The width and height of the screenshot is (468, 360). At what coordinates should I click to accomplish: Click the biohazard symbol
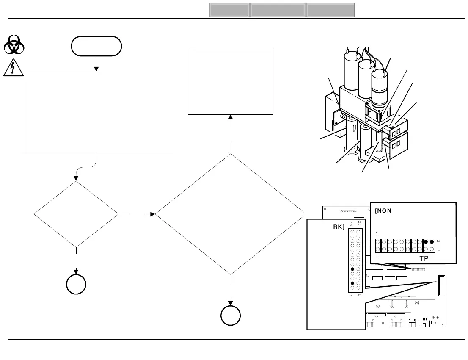click(14, 44)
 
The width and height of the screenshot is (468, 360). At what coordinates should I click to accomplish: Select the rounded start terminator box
click(96, 46)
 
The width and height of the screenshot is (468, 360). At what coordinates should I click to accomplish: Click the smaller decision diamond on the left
click(76, 214)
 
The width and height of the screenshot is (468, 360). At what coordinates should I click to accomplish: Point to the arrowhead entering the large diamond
click(153, 214)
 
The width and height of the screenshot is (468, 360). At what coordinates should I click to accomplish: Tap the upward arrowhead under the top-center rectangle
click(231, 117)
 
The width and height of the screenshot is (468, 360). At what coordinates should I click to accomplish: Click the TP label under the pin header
click(424, 258)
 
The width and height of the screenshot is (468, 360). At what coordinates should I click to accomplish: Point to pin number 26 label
click(351, 224)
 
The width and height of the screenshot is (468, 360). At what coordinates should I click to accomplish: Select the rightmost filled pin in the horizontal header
click(432, 242)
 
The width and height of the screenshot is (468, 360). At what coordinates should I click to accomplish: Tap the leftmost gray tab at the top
click(229, 10)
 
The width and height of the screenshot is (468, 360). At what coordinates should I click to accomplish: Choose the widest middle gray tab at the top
click(278, 10)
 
